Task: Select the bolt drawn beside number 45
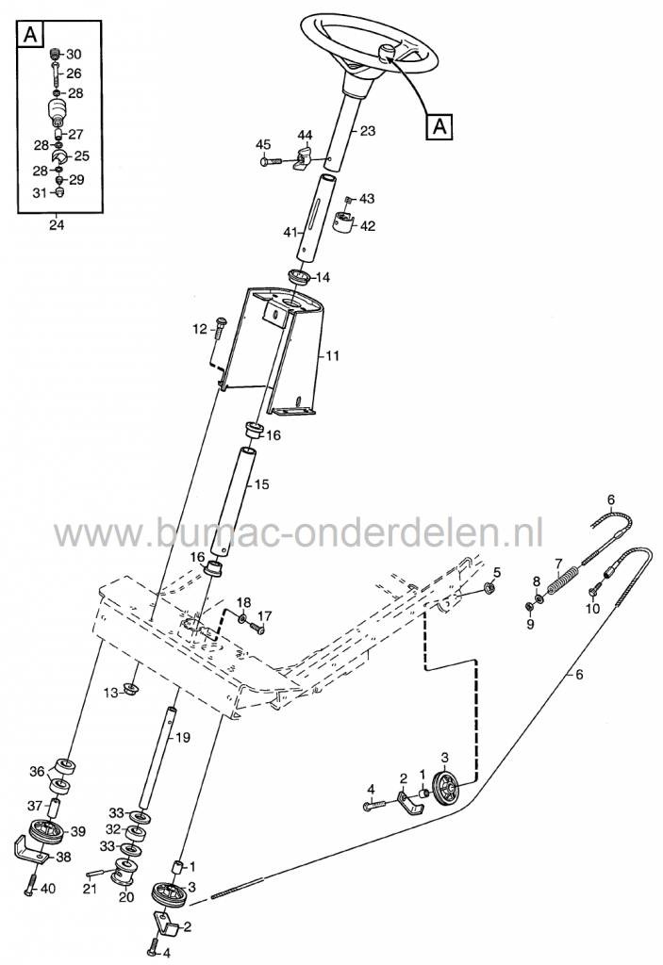click(x=270, y=162)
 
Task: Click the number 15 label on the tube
click(x=262, y=484)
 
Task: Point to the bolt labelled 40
click(x=31, y=888)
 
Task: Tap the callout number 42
click(x=367, y=226)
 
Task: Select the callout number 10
click(x=592, y=609)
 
